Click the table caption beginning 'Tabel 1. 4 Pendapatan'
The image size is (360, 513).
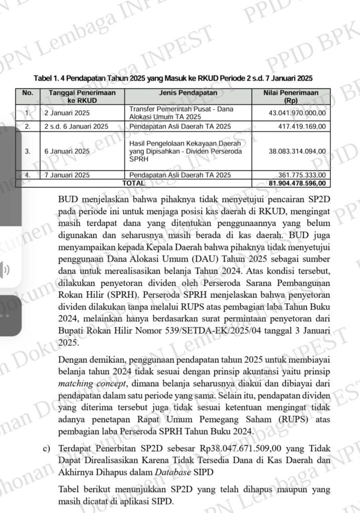173,79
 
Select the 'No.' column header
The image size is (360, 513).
28,93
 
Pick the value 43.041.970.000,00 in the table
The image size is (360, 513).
297,113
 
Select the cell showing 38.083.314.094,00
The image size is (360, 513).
297,151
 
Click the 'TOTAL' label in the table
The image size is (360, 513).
133,183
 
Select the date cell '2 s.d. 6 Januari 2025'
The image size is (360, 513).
76,126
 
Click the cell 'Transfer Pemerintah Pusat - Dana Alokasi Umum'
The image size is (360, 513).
181,112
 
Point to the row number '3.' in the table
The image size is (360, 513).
28,151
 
